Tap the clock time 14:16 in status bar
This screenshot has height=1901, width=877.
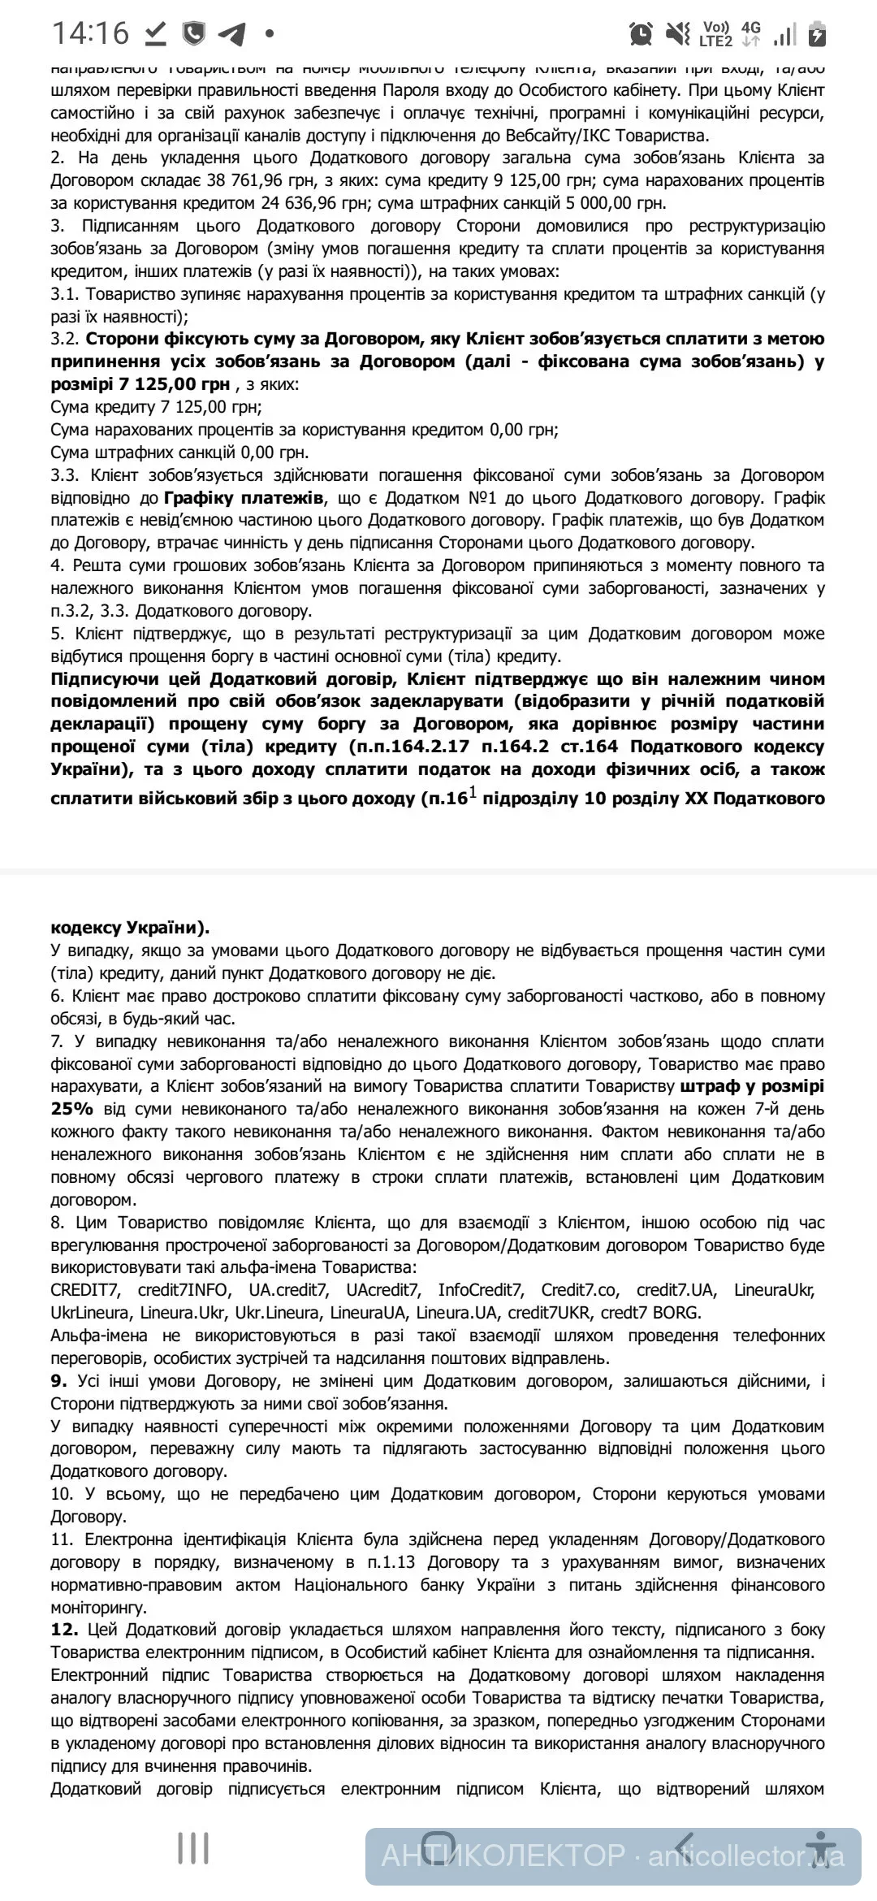[90, 33]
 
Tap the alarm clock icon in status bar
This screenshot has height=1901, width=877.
[641, 34]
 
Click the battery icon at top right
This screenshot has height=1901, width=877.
[818, 34]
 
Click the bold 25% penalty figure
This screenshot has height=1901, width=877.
[71, 1109]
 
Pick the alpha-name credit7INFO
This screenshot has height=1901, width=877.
[184, 1289]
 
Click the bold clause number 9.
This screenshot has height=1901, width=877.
[58, 1380]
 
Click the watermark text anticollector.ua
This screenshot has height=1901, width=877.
[747, 1856]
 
